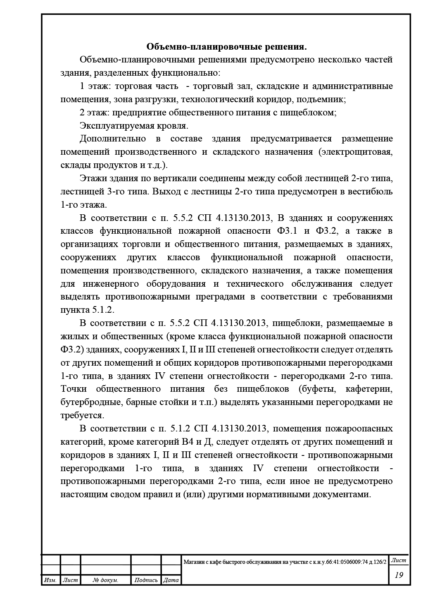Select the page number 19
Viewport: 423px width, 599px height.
tap(399, 575)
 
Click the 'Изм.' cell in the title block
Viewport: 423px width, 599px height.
tap(50, 580)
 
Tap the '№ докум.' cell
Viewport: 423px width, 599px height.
tap(106, 580)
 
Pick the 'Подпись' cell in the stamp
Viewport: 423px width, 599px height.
tap(146, 580)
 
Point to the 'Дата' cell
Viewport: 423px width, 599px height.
tap(171, 580)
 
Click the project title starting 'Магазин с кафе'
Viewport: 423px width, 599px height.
tap(285, 562)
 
